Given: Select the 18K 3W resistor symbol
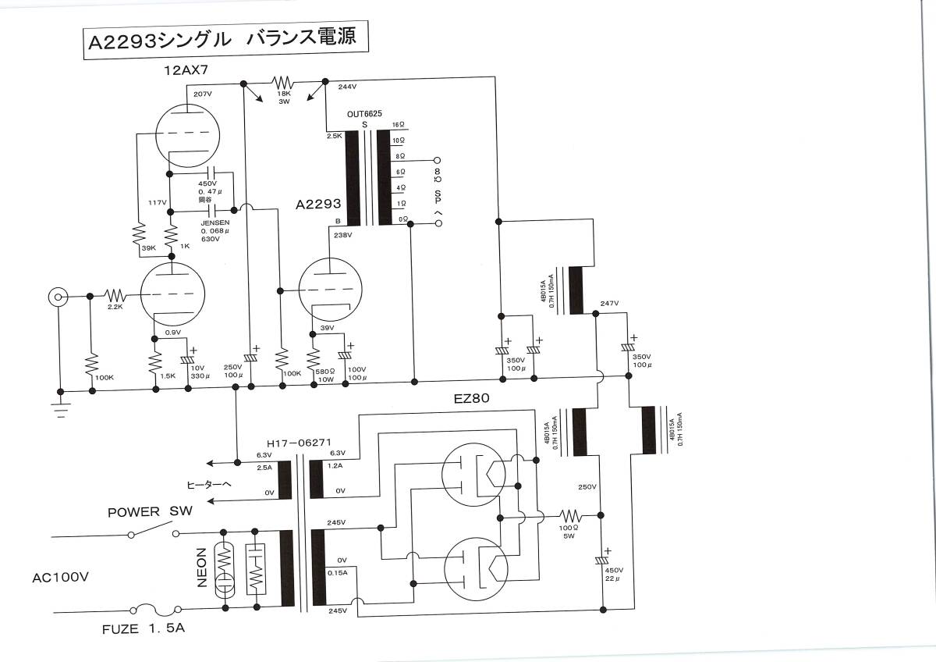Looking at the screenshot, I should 282,82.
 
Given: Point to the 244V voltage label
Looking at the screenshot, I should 348,87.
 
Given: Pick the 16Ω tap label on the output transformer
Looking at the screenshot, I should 399,125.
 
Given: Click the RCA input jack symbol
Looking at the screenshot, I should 58,297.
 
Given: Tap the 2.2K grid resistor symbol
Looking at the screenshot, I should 115,295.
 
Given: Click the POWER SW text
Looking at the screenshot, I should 149,512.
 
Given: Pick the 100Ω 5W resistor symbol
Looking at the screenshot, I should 569,515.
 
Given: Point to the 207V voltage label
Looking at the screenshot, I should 203,94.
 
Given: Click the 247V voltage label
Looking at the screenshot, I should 609,303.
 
